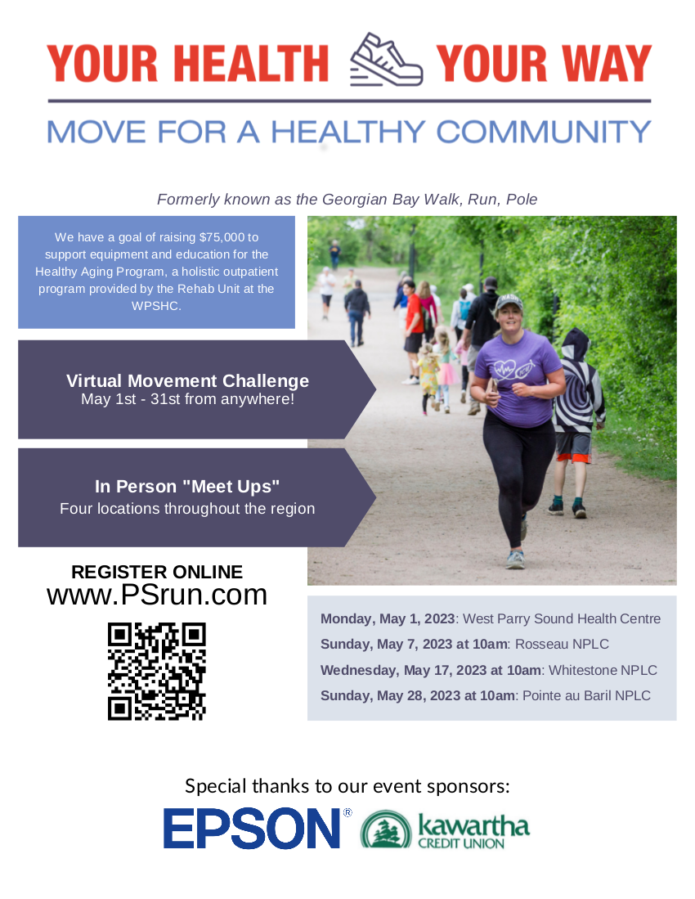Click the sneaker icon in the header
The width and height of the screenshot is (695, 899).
point(386,60)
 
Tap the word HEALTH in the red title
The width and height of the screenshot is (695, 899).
point(251,63)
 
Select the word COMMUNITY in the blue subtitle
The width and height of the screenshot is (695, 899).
point(543,132)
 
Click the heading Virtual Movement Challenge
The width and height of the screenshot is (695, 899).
point(187,380)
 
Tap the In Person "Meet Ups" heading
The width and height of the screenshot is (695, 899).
point(187,486)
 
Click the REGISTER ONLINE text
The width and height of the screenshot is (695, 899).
point(157,572)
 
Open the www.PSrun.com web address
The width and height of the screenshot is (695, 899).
point(157,595)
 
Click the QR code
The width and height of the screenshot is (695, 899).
point(157,672)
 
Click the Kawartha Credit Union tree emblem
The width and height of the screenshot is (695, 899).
point(386,829)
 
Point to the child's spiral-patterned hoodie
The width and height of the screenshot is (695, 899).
point(578,382)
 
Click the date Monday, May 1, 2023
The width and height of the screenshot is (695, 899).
point(388,618)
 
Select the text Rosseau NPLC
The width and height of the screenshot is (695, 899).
point(562,645)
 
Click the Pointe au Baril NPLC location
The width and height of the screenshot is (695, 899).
point(587,696)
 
